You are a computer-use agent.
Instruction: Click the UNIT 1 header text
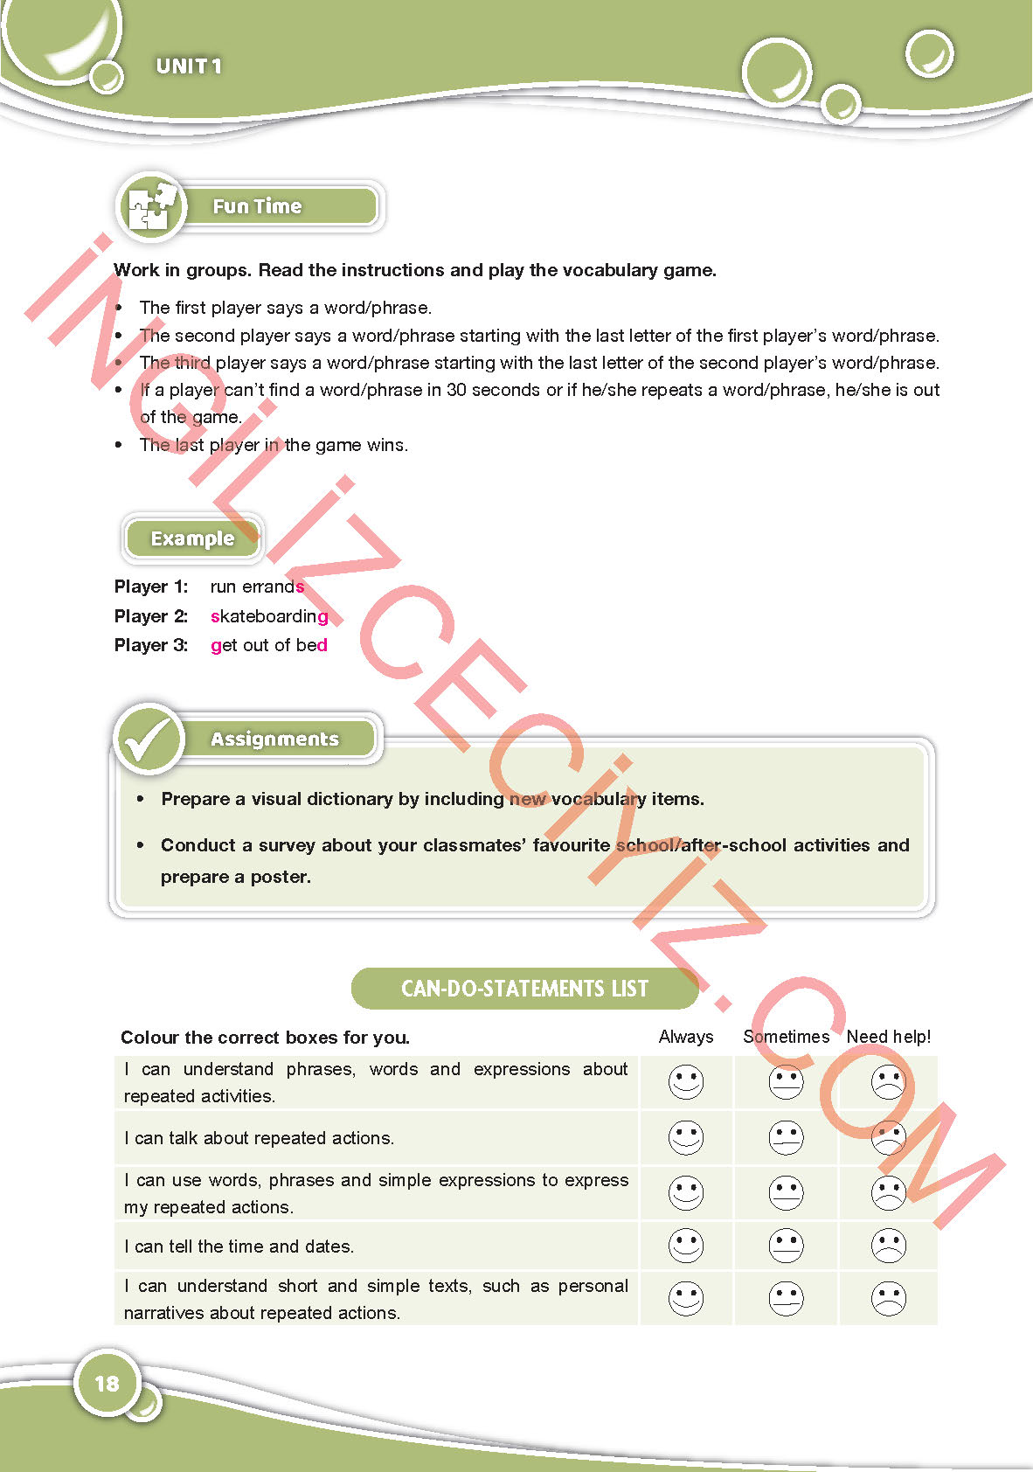(189, 66)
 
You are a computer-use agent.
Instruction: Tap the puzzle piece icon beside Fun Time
(150, 207)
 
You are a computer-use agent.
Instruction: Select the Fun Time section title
(257, 207)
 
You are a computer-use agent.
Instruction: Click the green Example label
(192, 538)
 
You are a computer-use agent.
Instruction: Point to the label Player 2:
(151, 616)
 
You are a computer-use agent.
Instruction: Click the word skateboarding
(269, 616)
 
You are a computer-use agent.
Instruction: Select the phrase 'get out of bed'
(269, 645)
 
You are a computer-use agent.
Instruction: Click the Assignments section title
(274, 739)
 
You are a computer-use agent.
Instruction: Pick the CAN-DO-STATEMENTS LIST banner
(524, 989)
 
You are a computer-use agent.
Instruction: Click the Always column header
(686, 1037)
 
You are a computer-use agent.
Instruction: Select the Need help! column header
(888, 1037)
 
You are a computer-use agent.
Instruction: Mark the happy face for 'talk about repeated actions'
(686, 1138)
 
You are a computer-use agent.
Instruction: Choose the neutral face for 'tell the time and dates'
(787, 1246)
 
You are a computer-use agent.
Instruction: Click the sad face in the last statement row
(889, 1299)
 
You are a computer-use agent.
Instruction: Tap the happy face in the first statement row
(686, 1082)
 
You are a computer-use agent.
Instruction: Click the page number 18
(107, 1384)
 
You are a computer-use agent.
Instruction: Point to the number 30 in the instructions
(456, 390)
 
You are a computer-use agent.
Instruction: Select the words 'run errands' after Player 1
(257, 587)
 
